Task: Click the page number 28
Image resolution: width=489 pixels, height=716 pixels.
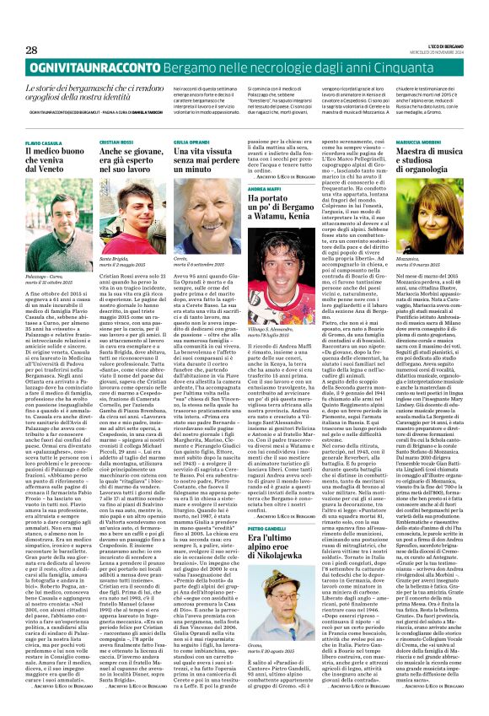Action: point(19,51)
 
